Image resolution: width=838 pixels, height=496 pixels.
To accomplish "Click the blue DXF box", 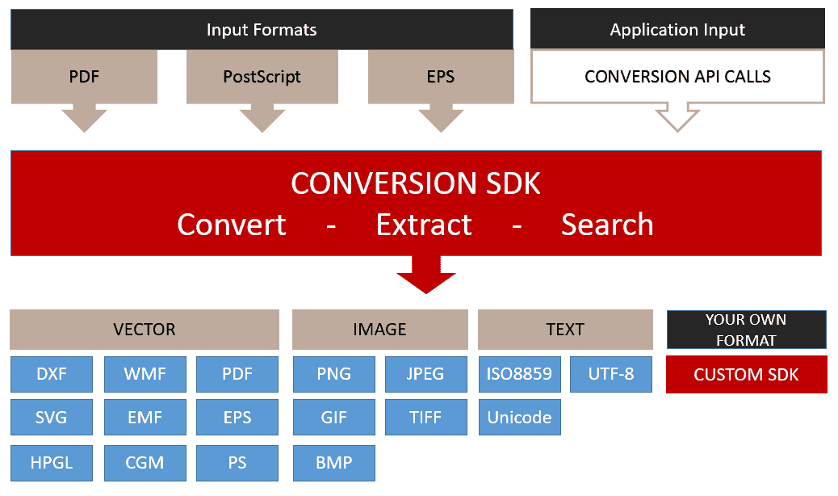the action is (x=52, y=374).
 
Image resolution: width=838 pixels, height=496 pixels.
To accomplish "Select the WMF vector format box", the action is (x=145, y=374).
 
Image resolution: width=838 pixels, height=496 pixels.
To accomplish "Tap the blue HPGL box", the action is (x=52, y=463).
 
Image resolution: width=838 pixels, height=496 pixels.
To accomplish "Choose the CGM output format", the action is (x=145, y=463).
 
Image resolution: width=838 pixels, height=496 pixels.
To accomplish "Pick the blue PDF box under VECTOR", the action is (x=237, y=374).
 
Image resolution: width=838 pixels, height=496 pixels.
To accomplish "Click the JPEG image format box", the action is (x=426, y=374).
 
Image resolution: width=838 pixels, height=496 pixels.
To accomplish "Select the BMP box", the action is (x=334, y=463).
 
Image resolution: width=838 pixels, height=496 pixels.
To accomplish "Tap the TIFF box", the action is (x=426, y=417).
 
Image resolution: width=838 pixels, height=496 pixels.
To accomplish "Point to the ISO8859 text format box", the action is (x=519, y=374).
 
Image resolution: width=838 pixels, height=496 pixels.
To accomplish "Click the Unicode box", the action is (x=519, y=417).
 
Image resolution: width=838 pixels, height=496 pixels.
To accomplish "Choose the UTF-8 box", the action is (x=611, y=374).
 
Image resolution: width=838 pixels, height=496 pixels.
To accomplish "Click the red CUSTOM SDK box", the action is (x=747, y=375).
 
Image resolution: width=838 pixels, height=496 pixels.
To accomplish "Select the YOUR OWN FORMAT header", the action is (x=747, y=330).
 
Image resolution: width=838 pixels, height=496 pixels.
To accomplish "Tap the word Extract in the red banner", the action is (x=424, y=225).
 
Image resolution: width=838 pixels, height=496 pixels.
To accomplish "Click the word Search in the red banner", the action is (x=607, y=225).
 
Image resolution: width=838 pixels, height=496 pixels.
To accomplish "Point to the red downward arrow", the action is (x=426, y=275).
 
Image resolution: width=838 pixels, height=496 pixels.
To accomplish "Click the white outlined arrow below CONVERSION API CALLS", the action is (x=677, y=117).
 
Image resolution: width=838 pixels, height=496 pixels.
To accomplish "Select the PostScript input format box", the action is (x=262, y=77).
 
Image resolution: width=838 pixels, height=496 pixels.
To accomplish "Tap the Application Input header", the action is (x=677, y=29).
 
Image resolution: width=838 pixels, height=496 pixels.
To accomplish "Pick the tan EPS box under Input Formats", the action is (x=441, y=77).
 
